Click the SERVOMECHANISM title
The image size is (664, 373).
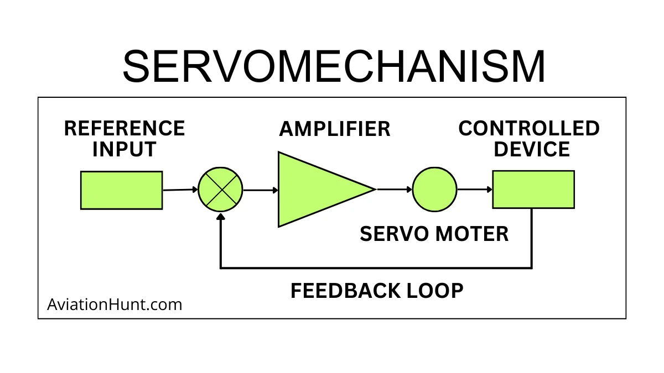click(x=334, y=66)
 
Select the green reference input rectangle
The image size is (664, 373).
click(x=121, y=190)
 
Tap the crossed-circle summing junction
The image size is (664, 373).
click(x=221, y=190)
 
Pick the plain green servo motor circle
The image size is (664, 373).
click(x=434, y=190)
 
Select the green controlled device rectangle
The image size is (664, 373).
click(x=533, y=189)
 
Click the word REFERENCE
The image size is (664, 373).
click(x=124, y=129)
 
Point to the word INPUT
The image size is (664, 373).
click(x=124, y=149)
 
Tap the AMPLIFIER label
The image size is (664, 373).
click(x=335, y=129)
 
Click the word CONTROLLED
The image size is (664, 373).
click(x=529, y=129)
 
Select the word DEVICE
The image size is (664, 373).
click(x=532, y=149)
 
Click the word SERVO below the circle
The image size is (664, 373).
click(x=393, y=234)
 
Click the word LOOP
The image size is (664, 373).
click(x=437, y=291)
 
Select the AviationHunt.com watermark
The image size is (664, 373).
click(x=115, y=304)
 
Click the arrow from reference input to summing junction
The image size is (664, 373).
click(x=180, y=190)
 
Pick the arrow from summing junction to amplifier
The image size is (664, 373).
click(x=261, y=190)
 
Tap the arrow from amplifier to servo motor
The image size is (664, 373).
click(x=395, y=189)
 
